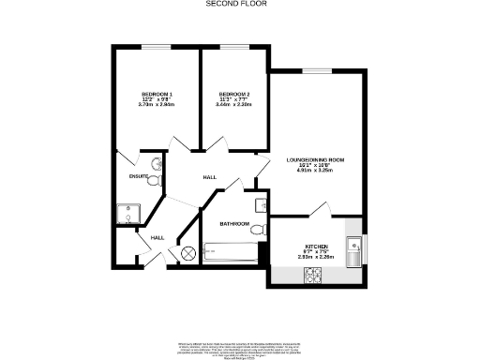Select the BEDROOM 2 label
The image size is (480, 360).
click(x=234, y=95)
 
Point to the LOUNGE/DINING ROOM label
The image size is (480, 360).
click(x=315, y=160)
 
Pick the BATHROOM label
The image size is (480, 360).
click(x=234, y=224)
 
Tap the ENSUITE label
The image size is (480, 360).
click(x=139, y=175)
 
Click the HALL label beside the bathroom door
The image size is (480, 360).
click(x=211, y=176)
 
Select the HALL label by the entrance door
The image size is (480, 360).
click(x=157, y=237)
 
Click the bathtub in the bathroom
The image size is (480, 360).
click(x=231, y=251)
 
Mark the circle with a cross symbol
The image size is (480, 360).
click(x=187, y=252)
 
